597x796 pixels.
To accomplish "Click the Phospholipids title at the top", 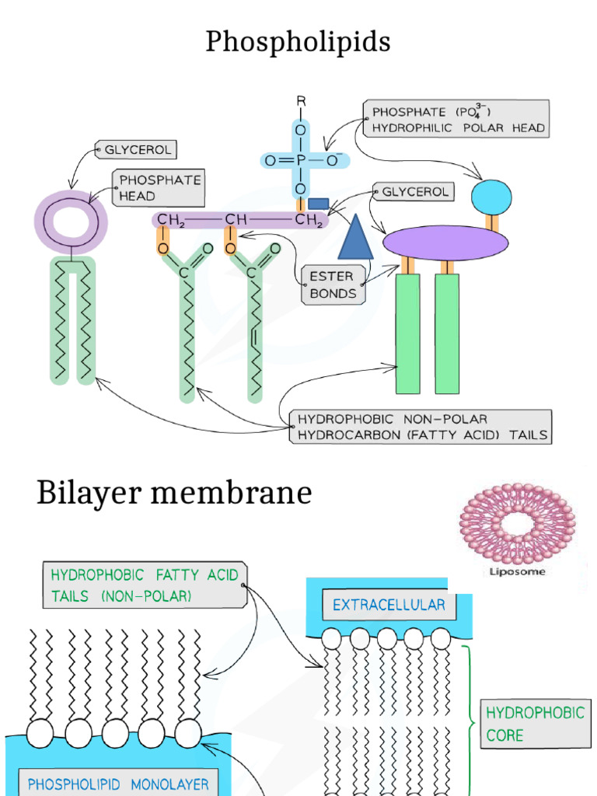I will tap(298, 42).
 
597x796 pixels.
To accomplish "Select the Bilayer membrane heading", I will tap(174, 493).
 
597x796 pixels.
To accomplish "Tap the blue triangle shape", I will tap(355, 236).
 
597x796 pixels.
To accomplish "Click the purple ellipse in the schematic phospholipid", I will tap(445, 243).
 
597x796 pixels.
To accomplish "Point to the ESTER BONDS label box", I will tap(333, 285).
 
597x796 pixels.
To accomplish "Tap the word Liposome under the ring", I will tap(517, 571).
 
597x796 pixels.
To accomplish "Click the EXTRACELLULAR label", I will tap(389, 605).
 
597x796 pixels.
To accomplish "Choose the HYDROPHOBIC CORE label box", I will tap(535, 724).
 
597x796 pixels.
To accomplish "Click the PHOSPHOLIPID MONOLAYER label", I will tap(118, 784).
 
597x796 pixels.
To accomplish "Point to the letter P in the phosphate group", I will tap(300, 161).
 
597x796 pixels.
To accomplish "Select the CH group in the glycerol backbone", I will tap(236, 221).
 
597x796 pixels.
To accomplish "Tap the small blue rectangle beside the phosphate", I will tap(318, 204).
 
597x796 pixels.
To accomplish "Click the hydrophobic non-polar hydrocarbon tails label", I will tap(421, 427).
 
